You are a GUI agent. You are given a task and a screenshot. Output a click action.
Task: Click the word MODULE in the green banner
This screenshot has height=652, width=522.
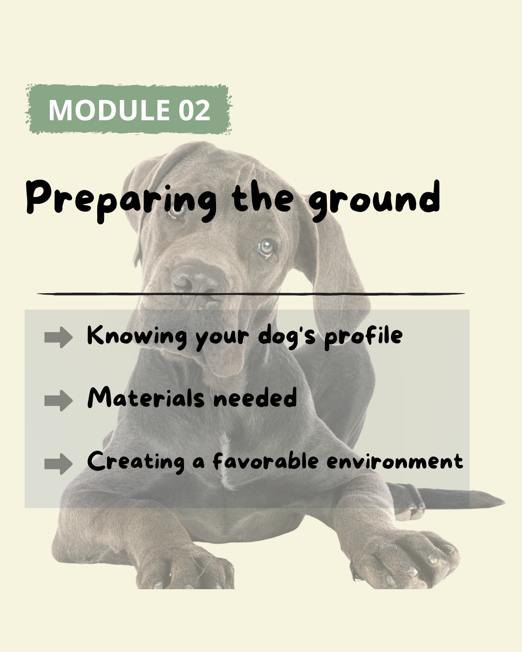click(109, 110)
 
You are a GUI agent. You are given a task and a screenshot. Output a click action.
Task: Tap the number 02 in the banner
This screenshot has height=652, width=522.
click(194, 110)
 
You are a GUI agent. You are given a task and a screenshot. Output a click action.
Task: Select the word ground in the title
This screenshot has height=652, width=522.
click(374, 200)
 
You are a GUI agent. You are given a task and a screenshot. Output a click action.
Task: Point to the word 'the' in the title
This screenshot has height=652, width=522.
click(263, 197)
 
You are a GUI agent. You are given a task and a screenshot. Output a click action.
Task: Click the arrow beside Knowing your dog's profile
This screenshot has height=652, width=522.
click(58, 337)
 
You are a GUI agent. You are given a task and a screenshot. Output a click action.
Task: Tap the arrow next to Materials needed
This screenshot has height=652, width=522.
click(58, 400)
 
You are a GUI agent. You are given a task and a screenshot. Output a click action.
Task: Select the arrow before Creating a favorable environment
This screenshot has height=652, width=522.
click(58, 464)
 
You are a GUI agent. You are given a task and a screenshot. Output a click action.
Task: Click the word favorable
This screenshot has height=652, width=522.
click(266, 461)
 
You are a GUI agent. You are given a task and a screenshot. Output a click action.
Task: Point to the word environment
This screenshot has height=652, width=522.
click(395, 462)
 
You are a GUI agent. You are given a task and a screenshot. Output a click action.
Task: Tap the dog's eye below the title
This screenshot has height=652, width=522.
click(266, 248)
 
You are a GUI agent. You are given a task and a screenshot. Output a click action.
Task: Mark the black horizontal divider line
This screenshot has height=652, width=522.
click(251, 294)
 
